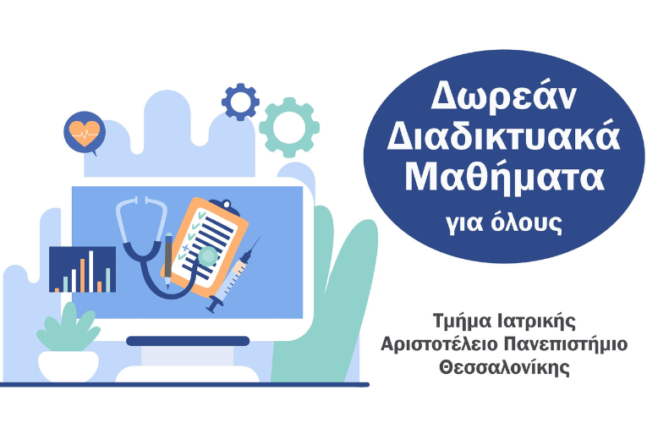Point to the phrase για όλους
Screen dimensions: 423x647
click(504, 222)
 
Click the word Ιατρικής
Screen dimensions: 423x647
click(540, 321)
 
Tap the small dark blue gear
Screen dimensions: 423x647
click(240, 102)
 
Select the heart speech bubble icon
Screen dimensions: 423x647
click(84, 131)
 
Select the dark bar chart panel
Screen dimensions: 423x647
click(82, 270)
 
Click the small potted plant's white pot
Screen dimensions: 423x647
click(68, 366)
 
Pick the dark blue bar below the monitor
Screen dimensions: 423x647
click(188, 341)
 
